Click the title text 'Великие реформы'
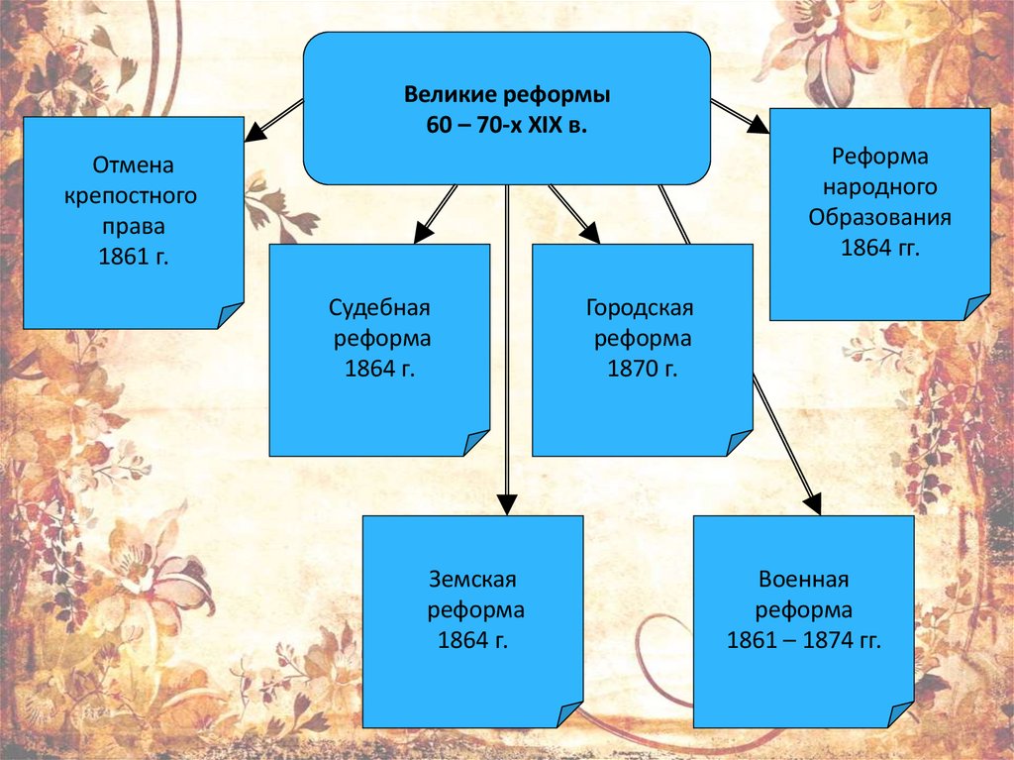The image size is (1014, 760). click(x=507, y=96)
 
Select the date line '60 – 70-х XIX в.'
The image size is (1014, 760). click(x=507, y=128)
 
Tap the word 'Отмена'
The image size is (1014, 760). click(x=126, y=164)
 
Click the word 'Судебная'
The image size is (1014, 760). click(x=380, y=307)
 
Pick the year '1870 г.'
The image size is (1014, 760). click(x=643, y=369)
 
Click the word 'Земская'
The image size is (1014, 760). click(x=473, y=579)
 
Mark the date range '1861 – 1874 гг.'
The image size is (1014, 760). click(x=803, y=640)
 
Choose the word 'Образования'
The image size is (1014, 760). click(x=880, y=217)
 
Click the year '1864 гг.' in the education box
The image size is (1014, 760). click(x=880, y=248)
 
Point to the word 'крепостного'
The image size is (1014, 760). click(x=131, y=195)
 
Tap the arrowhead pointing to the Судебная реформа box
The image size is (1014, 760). click(x=423, y=233)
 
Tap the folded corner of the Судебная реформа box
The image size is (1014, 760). click(x=476, y=443)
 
